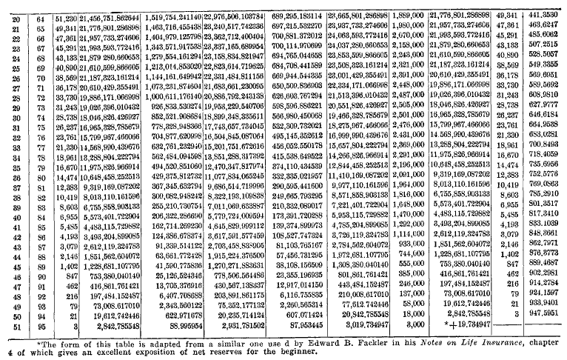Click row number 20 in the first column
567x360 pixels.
(x=15, y=16)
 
